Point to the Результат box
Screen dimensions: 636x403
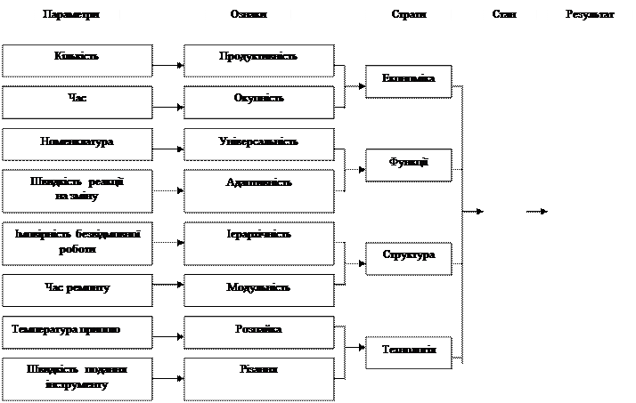coord(591,24)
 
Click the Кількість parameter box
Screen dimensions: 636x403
coord(77,60)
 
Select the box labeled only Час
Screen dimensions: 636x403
coord(77,102)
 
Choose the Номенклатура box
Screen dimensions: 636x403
coord(77,144)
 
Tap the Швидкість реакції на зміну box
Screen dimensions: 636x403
coord(77,190)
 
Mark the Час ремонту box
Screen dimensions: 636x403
coord(77,290)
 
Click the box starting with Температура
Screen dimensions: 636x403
coord(77,331)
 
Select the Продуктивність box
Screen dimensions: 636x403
coord(259,60)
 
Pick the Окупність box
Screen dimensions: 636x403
coord(259,102)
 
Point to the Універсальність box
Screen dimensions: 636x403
coord(259,144)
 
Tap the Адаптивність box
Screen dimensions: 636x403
coord(259,190)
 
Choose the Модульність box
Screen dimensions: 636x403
coord(259,290)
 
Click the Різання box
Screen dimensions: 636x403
coord(259,377)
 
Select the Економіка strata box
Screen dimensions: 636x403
coord(409,81)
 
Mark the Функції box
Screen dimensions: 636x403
coord(409,165)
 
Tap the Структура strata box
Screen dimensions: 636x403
coord(409,258)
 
